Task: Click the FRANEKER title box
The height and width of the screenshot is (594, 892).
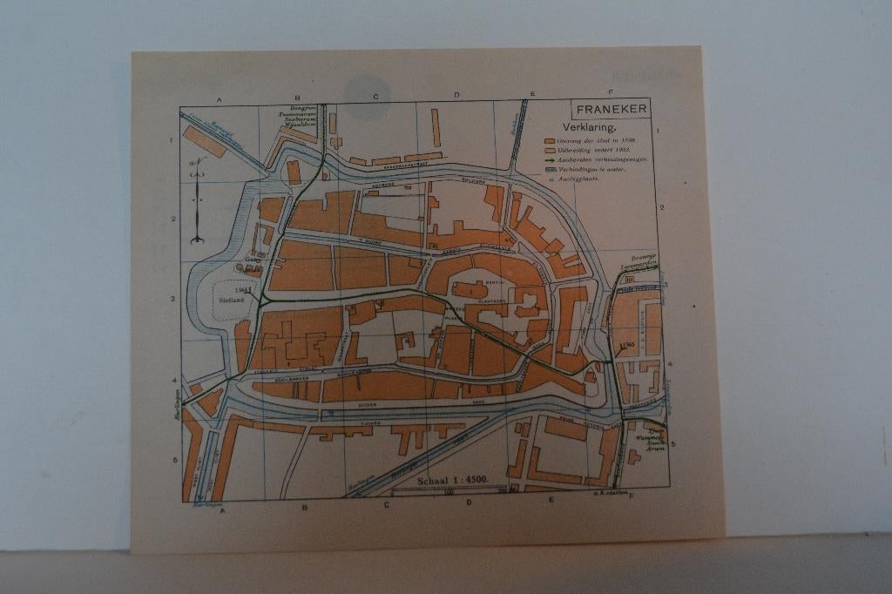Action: pyautogui.click(x=610, y=109)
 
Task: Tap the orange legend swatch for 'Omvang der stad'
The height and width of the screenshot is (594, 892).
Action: pyautogui.click(x=550, y=140)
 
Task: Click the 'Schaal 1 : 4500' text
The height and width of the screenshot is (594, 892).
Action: pyautogui.click(x=453, y=480)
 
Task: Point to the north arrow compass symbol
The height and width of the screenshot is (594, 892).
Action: pyautogui.click(x=198, y=200)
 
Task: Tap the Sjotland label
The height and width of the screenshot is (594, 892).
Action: pyautogui.click(x=231, y=299)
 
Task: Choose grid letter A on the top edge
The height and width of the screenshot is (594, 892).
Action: pyautogui.click(x=220, y=100)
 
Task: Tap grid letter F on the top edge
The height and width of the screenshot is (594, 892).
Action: pyautogui.click(x=610, y=92)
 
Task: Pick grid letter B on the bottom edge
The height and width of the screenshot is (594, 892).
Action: pyautogui.click(x=304, y=507)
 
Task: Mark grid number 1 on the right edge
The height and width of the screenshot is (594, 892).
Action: pyautogui.click(x=659, y=131)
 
